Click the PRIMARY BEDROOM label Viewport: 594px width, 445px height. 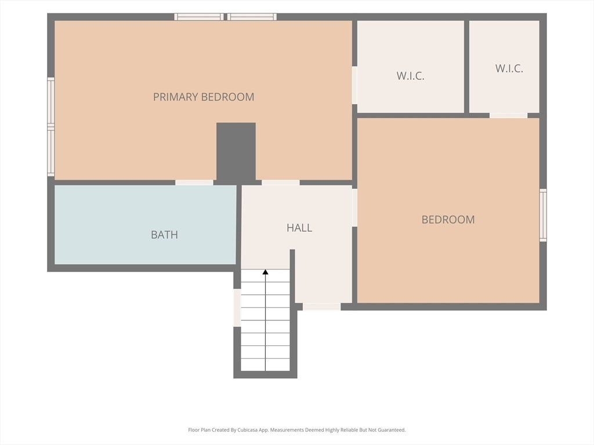204,97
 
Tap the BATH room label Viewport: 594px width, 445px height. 164,235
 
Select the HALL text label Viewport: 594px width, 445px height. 299,228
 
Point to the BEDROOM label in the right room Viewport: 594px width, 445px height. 448,220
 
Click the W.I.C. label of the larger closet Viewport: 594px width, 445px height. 410,76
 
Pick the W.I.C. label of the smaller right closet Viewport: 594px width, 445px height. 509,68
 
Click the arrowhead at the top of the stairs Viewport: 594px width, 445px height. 266,272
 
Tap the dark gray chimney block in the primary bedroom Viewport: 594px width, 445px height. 236,151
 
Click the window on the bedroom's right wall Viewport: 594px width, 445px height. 543,215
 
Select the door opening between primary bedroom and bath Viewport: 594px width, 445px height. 194,183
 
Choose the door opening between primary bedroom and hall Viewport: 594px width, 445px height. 280,183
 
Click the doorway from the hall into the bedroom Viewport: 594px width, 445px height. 354,207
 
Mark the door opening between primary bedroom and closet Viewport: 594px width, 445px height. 354,85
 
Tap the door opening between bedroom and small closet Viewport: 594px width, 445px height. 508,115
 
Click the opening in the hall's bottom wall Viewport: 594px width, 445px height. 321,307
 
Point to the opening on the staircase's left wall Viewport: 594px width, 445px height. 237,307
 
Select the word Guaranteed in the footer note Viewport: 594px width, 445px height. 393,430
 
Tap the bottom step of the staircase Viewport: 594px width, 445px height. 265,365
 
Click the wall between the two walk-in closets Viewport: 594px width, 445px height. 467,67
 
